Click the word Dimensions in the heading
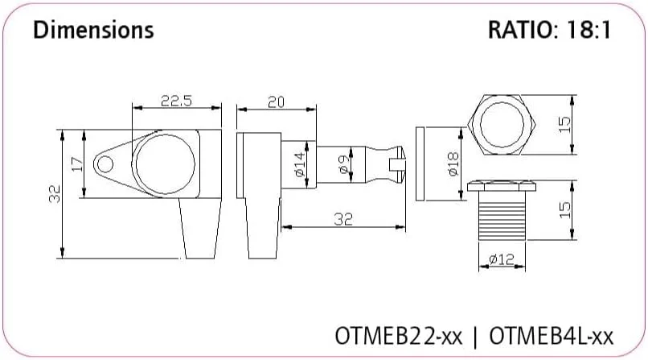pyautogui.click(x=93, y=30)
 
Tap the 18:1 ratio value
pyautogui.click(x=588, y=30)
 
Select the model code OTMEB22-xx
pyautogui.click(x=399, y=336)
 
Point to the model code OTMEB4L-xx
pyautogui.click(x=552, y=336)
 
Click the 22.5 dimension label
pyautogui.click(x=176, y=101)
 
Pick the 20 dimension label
pyautogui.click(x=276, y=101)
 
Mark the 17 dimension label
pyautogui.click(x=77, y=164)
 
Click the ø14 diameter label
pyautogui.click(x=301, y=164)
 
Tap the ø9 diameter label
pyautogui.click(x=344, y=164)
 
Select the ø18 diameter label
pyautogui.click(x=453, y=163)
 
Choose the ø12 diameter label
pyautogui.click(x=502, y=259)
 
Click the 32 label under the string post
pyautogui.click(x=343, y=219)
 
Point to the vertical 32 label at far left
pyautogui.click(x=55, y=193)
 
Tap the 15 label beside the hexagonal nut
pyautogui.click(x=564, y=124)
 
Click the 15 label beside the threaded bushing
pyautogui.click(x=564, y=210)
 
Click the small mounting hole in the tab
pyautogui.click(x=105, y=164)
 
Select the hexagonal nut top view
pyautogui.click(x=502, y=125)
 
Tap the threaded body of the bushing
pyautogui.click(x=502, y=216)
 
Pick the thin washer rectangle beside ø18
pyautogui.click(x=420, y=163)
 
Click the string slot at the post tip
pyautogui.click(x=396, y=164)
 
